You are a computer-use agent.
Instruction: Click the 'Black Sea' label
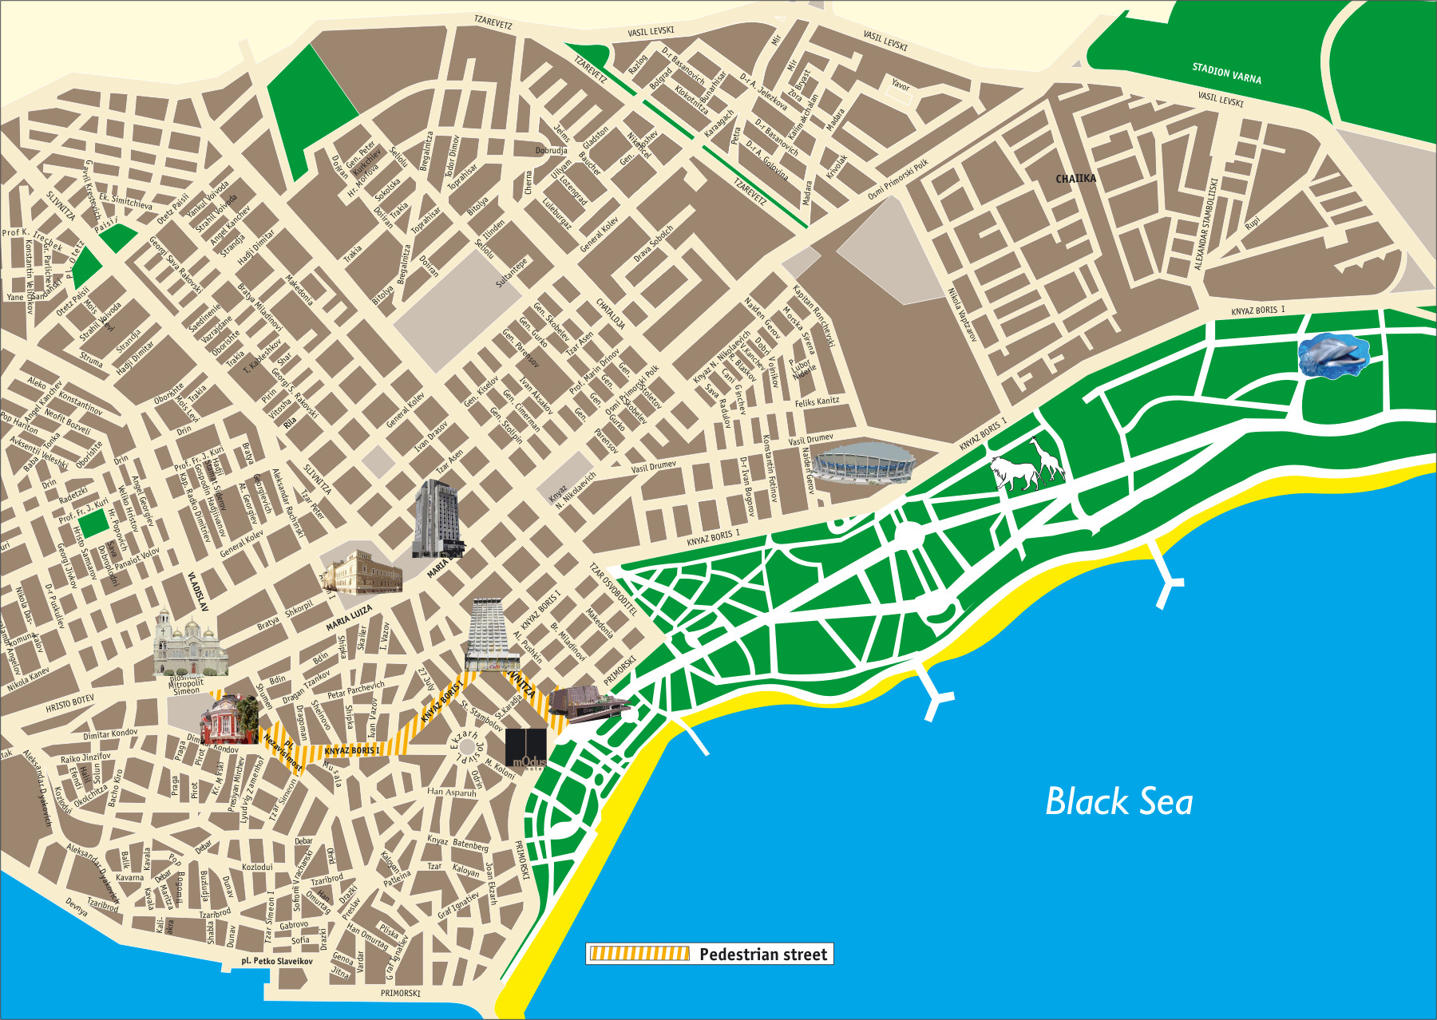coord(1118,802)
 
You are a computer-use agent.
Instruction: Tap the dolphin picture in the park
coord(1332,356)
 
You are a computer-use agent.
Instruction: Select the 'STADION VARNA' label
coord(1226,73)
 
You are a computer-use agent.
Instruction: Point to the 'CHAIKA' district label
coord(1075,179)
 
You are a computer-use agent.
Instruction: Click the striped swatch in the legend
coord(639,954)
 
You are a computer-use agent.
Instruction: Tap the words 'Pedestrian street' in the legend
coord(763,955)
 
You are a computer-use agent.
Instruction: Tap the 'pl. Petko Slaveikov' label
coord(277,961)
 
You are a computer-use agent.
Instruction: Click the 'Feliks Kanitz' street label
coord(817,402)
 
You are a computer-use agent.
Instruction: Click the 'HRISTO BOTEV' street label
coord(69,703)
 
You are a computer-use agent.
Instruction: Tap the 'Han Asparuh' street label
coord(451,793)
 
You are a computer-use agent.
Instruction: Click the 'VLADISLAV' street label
coord(197,591)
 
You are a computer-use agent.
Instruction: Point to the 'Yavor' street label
coord(901,85)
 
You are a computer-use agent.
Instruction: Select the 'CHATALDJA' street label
coord(611,314)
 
